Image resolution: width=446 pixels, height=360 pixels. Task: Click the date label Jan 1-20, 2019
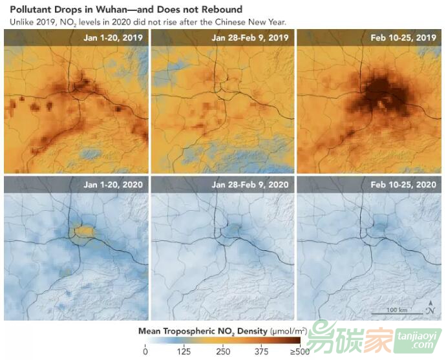pyautogui.click(x=113, y=37)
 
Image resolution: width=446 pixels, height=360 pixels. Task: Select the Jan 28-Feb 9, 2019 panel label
pyautogui.click(x=250, y=37)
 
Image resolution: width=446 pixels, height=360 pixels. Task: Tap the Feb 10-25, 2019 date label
pyautogui.click(x=403, y=37)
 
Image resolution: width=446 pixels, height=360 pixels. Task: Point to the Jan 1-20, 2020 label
pyautogui.click(x=113, y=184)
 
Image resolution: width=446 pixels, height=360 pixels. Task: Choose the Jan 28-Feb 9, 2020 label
pyautogui.click(x=250, y=184)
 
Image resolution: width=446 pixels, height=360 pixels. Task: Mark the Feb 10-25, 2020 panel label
pyautogui.click(x=403, y=184)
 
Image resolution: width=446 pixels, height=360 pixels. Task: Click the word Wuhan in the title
pyautogui.click(x=113, y=10)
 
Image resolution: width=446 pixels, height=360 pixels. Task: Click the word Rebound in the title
pyautogui.click(x=220, y=10)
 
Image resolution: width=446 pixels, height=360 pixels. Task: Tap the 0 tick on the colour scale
pyautogui.click(x=145, y=352)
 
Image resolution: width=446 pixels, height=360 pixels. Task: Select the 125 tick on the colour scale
pyautogui.click(x=184, y=352)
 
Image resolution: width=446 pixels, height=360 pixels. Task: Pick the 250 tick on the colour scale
pyautogui.click(x=223, y=352)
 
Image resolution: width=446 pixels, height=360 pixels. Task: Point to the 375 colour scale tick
pyautogui.click(x=262, y=352)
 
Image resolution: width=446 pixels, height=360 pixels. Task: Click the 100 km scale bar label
pyautogui.click(x=397, y=311)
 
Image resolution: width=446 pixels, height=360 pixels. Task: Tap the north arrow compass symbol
pyautogui.click(x=430, y=308)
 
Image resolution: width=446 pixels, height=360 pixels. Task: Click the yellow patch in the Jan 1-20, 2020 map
pyautogui.click(x=84, y=231)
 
